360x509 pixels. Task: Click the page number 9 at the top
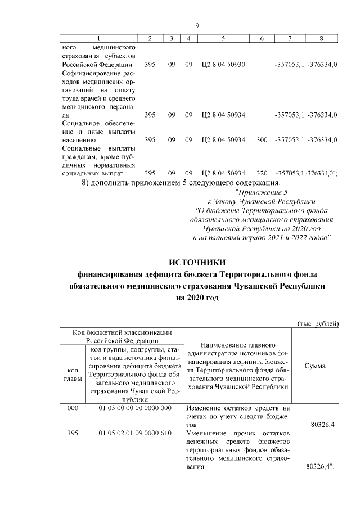point(197,25)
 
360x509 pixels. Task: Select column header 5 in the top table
point(223,38)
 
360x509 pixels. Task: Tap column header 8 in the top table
point(321,38)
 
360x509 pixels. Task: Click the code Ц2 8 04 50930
point(223,65)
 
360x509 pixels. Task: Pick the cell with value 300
point(262,139)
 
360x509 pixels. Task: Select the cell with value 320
point(262,173)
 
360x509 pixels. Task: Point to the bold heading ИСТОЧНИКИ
point(197,262)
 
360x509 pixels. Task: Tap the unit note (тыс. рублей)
point(318,323)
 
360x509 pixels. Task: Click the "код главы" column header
point(73,375)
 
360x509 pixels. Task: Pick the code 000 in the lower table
point(73,408)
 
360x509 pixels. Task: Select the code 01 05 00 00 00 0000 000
point(134,408)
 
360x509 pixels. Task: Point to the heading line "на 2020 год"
point(197,298)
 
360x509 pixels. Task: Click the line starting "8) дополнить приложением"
point(181,183)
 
